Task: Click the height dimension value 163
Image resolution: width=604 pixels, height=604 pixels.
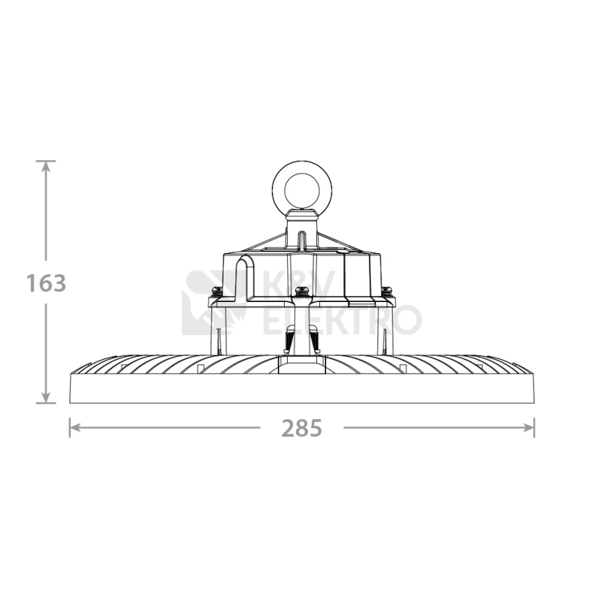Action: click(46, 283)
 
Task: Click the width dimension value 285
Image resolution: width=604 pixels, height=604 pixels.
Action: click(301, 428)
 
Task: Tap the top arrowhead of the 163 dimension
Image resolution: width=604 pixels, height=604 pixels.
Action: click(46, 167)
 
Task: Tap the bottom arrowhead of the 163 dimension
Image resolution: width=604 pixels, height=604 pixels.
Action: click(46, 397)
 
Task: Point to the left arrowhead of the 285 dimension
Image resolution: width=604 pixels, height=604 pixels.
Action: click(75, 427)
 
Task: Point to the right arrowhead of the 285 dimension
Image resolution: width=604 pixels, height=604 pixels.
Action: click(528, 427)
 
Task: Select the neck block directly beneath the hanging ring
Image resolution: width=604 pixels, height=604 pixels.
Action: click(302, 230)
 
